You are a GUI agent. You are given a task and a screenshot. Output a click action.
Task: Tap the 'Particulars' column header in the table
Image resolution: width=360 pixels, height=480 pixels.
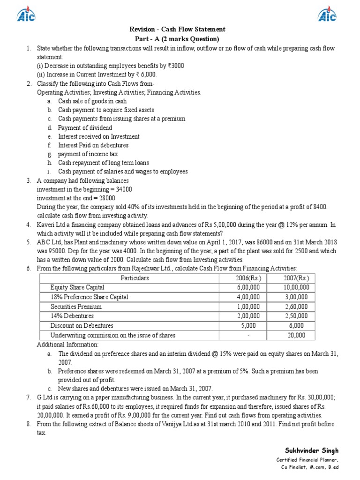point(135,278)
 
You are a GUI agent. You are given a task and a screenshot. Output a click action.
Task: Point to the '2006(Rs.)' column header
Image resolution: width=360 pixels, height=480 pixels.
point(248,278)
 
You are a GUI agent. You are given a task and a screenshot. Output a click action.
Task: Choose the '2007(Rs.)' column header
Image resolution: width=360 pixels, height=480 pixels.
point(296,278)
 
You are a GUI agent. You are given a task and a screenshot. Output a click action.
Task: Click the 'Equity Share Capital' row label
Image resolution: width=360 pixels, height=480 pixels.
point(78,287)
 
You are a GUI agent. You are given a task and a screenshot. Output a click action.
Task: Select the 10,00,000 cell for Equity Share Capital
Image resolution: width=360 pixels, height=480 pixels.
point(296,287)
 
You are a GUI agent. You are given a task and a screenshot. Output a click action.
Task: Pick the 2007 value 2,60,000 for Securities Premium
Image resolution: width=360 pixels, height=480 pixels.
point(296,307)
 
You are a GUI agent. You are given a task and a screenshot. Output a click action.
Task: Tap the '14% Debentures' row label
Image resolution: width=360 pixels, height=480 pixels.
point(72,316)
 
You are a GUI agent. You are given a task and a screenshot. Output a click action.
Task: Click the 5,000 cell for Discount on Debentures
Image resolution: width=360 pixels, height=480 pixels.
point(248,325)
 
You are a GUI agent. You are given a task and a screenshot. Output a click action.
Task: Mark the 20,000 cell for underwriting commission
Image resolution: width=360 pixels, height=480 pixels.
point(296,335)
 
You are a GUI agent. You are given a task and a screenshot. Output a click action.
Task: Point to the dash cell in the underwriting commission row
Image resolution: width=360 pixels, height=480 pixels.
point(248,335)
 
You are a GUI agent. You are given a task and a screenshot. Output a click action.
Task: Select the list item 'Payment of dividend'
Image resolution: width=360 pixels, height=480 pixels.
point(85,127)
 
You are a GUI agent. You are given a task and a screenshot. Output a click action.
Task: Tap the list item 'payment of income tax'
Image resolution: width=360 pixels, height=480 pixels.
point(88,154)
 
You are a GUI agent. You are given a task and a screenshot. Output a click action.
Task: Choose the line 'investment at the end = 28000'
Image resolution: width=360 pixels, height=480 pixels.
point(76,198)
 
